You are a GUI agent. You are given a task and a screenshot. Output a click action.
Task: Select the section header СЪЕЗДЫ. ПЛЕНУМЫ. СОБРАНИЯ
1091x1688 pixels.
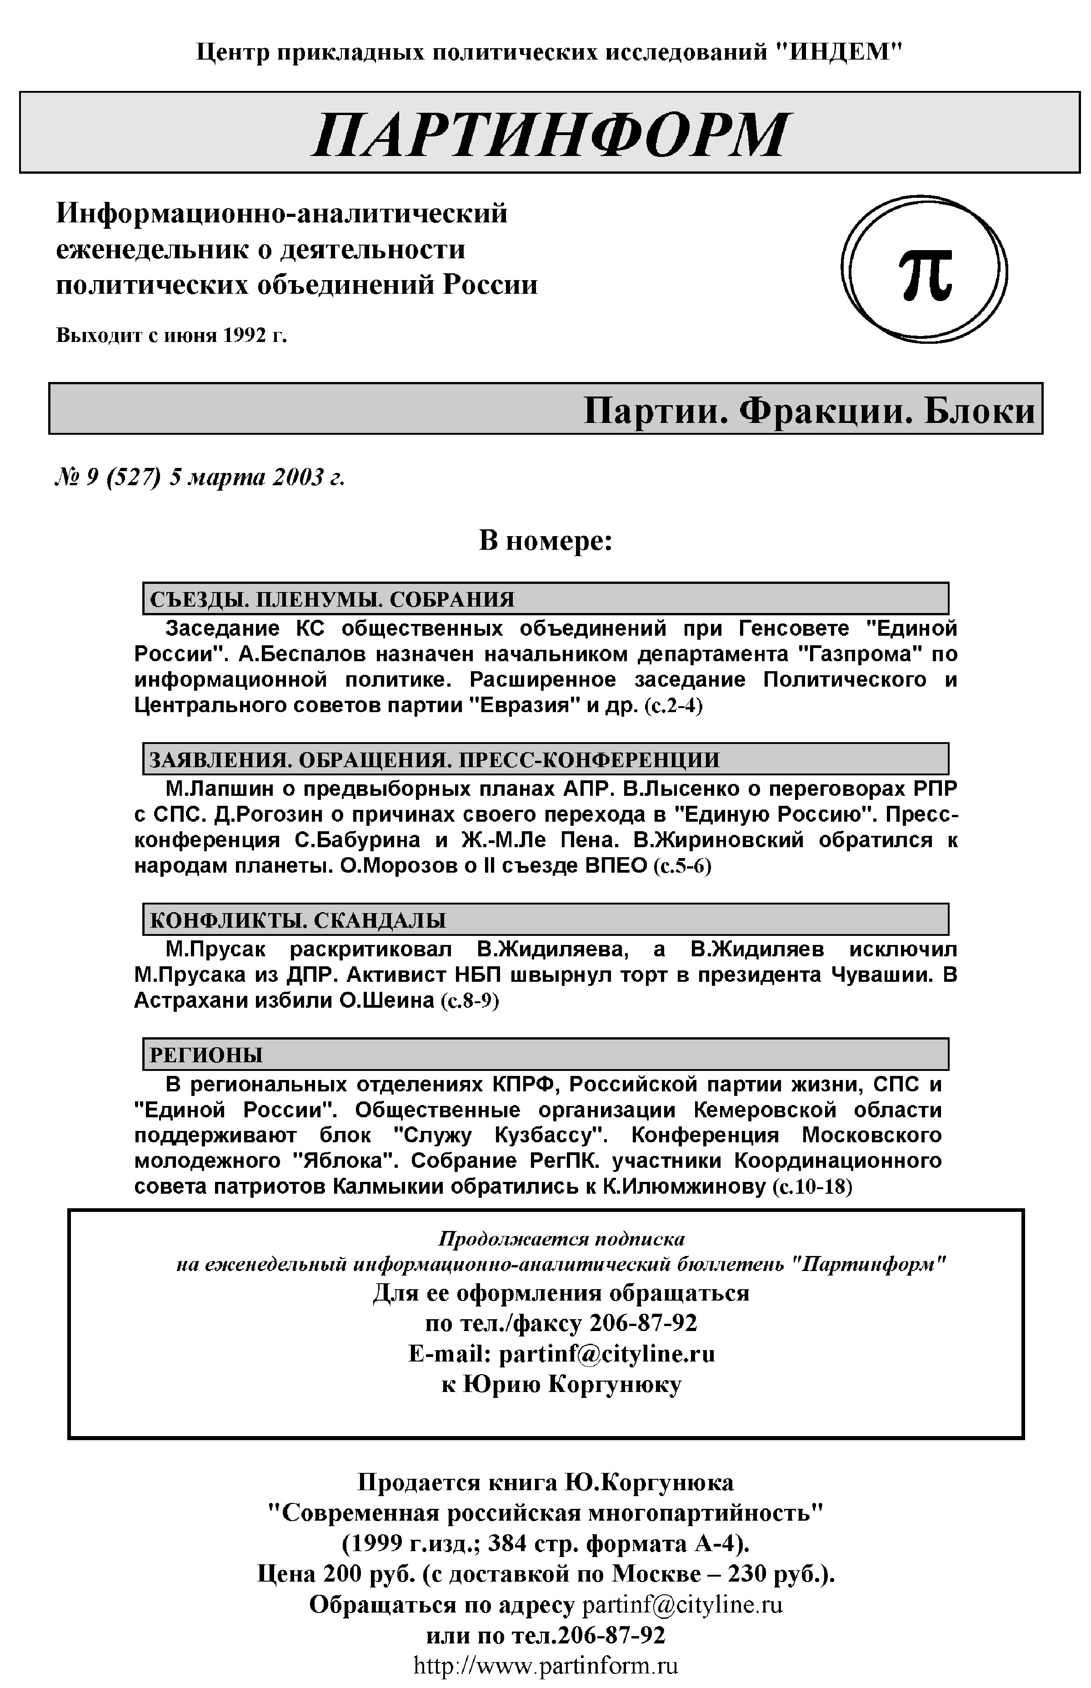click(331, 599)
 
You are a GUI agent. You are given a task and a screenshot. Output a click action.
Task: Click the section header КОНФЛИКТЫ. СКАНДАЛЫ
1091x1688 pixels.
click(298, 920)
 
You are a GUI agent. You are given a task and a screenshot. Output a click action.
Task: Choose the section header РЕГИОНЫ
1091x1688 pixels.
click(206, 1055)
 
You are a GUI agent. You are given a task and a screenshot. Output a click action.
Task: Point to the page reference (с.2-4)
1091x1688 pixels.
click(673, 707)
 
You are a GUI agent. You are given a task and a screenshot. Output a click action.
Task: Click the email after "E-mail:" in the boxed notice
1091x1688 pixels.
click(606, 1354)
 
